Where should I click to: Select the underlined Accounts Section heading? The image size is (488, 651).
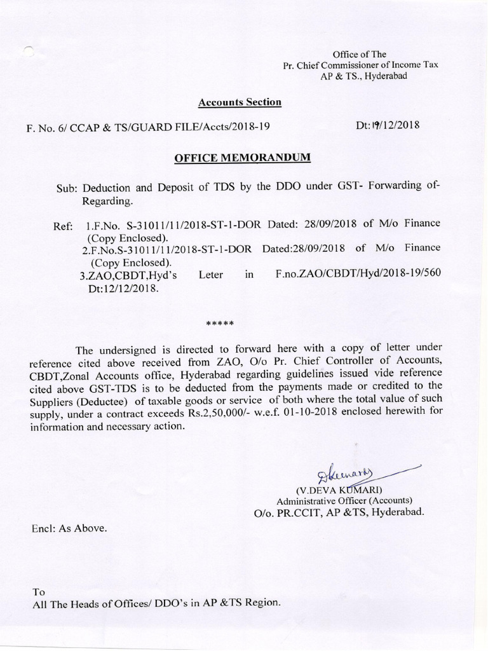240,102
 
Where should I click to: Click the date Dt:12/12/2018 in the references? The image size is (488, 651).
119,287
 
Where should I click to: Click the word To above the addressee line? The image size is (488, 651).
38,591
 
